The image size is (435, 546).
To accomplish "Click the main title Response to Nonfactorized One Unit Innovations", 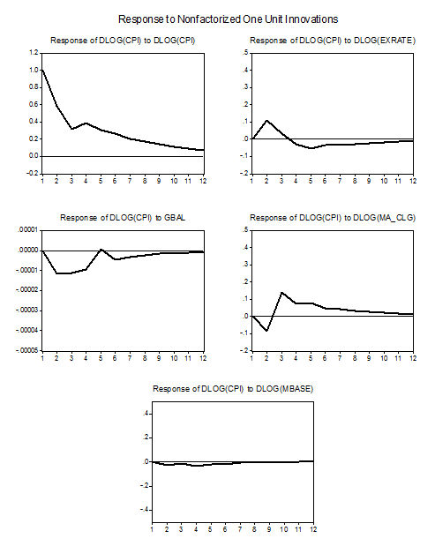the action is point(229,19).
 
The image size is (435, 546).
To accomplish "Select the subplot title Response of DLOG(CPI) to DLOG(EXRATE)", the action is point(333,41).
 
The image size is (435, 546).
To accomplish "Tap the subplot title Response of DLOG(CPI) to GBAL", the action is point(123,218).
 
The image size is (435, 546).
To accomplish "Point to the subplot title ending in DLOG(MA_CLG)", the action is point(333,218).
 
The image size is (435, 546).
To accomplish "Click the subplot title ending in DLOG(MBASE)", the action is point(233,389).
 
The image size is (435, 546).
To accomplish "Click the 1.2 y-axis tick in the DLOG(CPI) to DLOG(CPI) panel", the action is point(34,53).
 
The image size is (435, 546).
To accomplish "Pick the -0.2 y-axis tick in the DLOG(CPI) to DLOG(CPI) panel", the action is point(33,173).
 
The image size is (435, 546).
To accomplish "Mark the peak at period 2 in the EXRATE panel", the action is point(266,121).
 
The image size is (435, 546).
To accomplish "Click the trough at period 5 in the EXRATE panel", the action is point(311,148).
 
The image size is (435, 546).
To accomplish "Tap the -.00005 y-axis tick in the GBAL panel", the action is point(27,350).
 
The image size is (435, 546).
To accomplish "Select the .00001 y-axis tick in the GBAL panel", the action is point(28,230).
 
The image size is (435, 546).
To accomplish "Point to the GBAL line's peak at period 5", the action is point(101,250).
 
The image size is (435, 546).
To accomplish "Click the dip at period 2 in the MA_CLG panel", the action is point(266,331).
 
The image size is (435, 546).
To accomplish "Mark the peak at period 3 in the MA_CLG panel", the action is point(281,293).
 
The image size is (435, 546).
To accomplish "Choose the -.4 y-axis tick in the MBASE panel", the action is point(145,510).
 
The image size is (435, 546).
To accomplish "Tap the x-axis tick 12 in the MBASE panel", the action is point(313,529).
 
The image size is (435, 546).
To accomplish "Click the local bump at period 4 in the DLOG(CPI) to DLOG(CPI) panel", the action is point(86,123).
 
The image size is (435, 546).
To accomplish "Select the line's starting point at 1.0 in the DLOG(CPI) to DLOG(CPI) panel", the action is point(42,70).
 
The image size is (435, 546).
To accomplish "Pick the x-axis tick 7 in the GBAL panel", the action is point(130,358).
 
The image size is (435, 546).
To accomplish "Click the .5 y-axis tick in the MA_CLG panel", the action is point(246,230).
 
